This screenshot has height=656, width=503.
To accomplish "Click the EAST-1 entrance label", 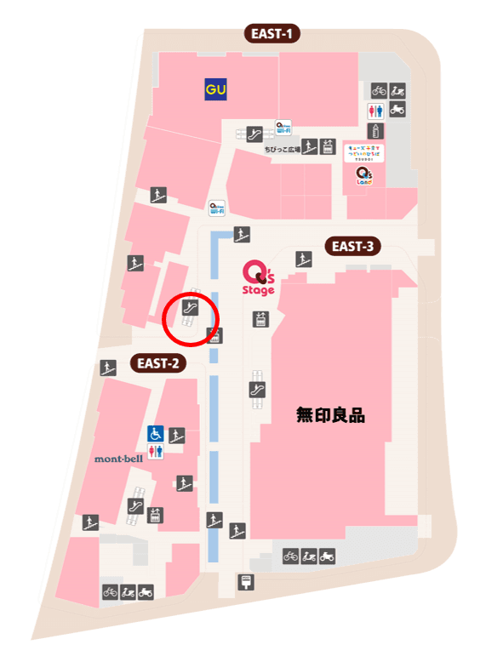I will pos(272,34).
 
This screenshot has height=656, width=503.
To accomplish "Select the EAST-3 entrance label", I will pos(353,247).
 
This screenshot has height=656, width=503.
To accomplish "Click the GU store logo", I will pos(214,88).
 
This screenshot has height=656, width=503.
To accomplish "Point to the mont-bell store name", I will pos(118,459).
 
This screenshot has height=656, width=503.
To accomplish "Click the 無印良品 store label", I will pos(330,416).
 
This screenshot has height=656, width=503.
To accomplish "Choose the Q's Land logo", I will pos(363,175).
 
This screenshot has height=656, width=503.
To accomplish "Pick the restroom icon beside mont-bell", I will pos(156,452).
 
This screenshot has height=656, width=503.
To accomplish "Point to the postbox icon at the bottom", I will pos(245,582).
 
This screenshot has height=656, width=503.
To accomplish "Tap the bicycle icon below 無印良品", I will pos(290,556).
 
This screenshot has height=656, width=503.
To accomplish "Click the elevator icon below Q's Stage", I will pos(260,320).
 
